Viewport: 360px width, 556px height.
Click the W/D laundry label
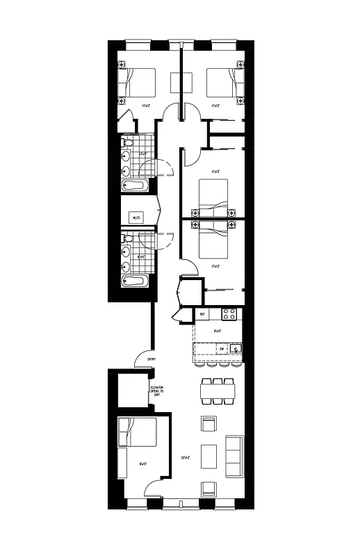(136, 218)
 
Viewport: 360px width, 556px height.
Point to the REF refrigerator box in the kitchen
(202, 315)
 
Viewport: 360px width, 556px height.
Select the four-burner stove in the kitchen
(230, 314)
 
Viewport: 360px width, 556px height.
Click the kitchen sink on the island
(236, 349)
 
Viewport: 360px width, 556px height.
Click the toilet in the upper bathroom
(126, 143)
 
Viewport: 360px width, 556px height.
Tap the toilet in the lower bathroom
(126, 239)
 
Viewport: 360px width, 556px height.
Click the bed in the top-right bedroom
(226, 84)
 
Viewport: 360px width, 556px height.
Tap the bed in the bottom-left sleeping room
(137, 432)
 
